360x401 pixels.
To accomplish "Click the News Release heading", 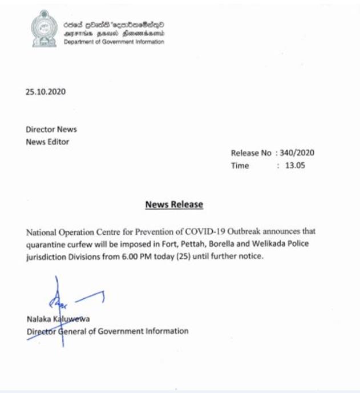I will pyautogui.click(x=174, y=204).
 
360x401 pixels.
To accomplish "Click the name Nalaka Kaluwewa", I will pyautogui.click(x=58, y=319).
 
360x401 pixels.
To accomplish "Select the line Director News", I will pyautogui.click(x=51, y=130).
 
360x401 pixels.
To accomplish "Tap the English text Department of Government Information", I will pyautogui.click(x=114, y=42).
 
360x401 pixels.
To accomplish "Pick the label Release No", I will pyautogui.click(x=251, y=153).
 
